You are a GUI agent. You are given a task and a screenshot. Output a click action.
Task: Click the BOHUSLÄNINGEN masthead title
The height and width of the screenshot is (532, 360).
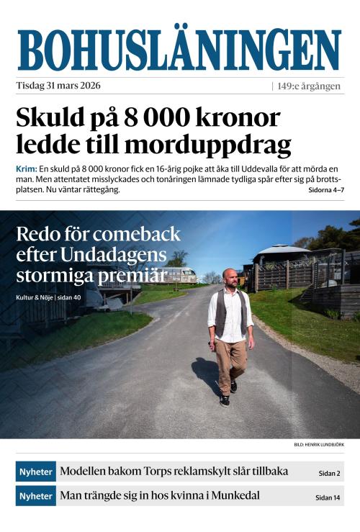tap(179, 50)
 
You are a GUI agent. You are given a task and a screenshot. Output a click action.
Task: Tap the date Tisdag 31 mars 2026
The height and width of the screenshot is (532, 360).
tap(58, 86)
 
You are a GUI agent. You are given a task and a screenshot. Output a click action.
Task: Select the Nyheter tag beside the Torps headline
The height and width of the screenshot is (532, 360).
tap(35, 472)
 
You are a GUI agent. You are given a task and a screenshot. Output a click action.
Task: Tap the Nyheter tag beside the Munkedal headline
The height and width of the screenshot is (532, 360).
tap(35, 496)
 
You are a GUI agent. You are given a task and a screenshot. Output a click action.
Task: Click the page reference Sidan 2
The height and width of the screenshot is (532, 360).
tap(330, 474)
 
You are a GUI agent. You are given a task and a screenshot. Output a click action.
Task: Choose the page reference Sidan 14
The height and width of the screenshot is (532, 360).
tap(328, 497)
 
